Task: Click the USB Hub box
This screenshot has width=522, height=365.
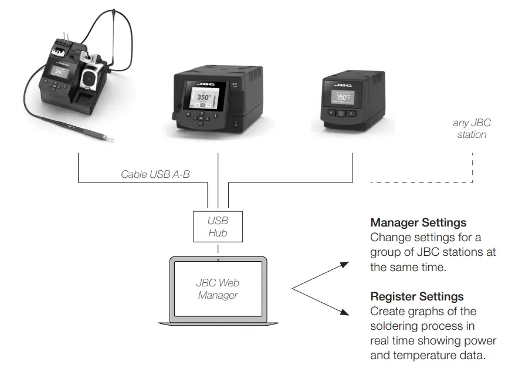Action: (x=218, y=227)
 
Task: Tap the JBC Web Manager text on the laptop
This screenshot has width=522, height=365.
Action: (x=218, y=289)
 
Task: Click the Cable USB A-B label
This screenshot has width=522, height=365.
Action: (x=155, y=174)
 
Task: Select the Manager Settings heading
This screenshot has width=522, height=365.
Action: (x=418, y=223)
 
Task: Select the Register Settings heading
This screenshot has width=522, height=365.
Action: (x=416, y=296)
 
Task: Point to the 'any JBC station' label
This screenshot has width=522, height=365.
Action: (x=472, y=129)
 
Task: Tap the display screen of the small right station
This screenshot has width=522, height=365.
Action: (x=343, y=96)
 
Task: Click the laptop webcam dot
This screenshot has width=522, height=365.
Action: (x=218, y=259)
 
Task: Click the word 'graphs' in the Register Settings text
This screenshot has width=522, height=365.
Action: (x=416, y=311)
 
